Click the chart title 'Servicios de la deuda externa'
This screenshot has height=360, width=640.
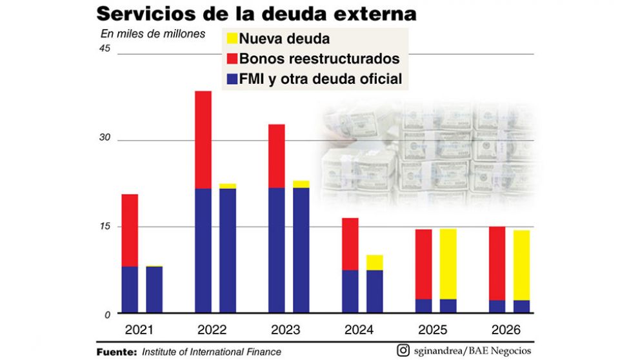click(256, 14)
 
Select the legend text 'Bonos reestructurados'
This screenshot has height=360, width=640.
click(319, 59)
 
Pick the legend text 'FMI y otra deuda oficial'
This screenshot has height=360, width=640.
click(321, 79)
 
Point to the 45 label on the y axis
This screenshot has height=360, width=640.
click(105, 50)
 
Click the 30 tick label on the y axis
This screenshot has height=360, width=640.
click(105, 137)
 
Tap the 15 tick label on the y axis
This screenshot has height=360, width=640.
click(105, 226)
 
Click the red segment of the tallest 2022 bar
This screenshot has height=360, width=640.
click(203, 139)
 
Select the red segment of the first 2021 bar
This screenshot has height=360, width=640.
click(130, 230)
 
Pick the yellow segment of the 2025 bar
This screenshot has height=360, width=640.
click(448, 264)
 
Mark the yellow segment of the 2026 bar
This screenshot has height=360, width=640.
click(521, 265)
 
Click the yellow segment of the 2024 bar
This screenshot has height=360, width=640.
click(374, 262)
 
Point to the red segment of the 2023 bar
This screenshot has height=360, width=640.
click(276, 155)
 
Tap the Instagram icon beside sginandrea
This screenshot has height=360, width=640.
click(403, 350)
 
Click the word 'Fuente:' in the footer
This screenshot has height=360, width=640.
click(116, 352)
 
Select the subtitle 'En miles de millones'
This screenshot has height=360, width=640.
click(154, 34)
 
